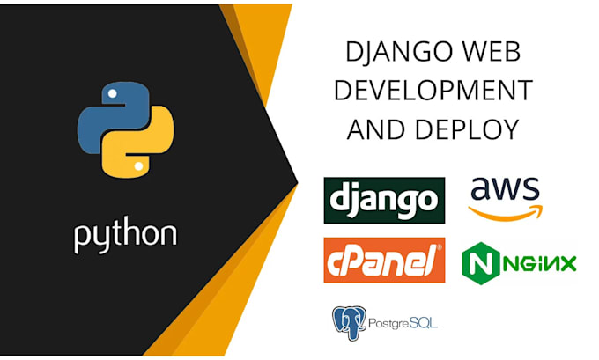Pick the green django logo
point(383,201)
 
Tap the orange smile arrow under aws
point(505,212)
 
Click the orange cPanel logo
point(383,260)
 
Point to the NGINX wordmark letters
point(537,261)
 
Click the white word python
point(124,234)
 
